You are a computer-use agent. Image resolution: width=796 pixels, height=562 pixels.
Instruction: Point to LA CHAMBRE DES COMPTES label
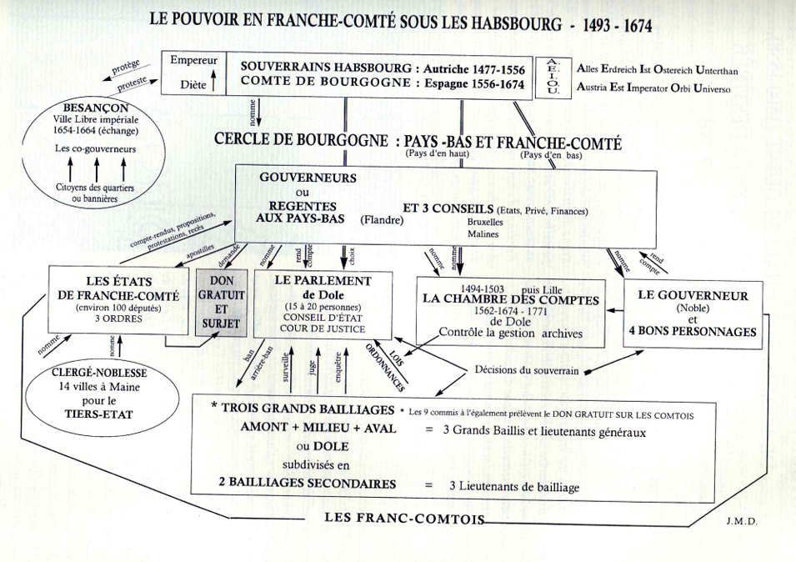pos(510,300)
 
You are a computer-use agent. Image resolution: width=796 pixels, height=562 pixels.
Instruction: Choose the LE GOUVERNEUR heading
pos(693,295)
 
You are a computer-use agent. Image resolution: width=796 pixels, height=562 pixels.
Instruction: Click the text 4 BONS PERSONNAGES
pos(693,332)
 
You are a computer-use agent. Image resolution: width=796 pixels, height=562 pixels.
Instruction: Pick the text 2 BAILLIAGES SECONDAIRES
pos(306,484)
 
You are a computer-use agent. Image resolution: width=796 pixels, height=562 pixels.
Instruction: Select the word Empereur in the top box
pos(193,61)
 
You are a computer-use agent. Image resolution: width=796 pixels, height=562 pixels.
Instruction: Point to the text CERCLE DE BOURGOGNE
pos(301,143)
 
